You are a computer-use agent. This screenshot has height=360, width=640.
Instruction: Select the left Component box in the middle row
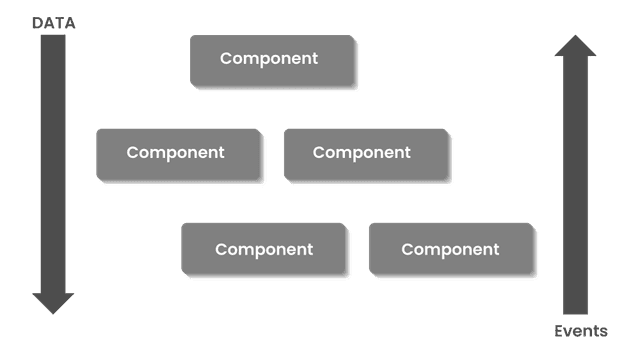click(x=180, y=155)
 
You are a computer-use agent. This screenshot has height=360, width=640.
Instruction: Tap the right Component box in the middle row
click(x=367, y=155)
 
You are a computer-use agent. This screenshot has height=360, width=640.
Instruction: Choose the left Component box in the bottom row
click(x=265, y=250)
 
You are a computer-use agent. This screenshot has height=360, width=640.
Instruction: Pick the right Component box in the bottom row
click(x=452, y=250)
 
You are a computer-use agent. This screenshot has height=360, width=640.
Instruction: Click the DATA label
click(x=54, y=23)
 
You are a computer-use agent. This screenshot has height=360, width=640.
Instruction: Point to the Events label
click(x=581, y=332)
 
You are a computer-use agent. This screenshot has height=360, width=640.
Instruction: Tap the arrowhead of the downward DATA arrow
click(x=53, y=302)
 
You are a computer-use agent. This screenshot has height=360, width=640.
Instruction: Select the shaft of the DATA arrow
click(x=53, y=160)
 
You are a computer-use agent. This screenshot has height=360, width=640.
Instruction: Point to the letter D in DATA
click(x=38, y=23)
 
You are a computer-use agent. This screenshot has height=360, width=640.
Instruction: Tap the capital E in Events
click(x=560, y=332)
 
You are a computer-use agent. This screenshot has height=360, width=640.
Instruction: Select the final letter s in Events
click(x=603, y=332)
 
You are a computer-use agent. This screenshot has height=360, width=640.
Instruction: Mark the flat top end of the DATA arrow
click(x=53, y=38)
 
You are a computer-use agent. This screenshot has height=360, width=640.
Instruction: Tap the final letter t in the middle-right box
click(x=407, y=153)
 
